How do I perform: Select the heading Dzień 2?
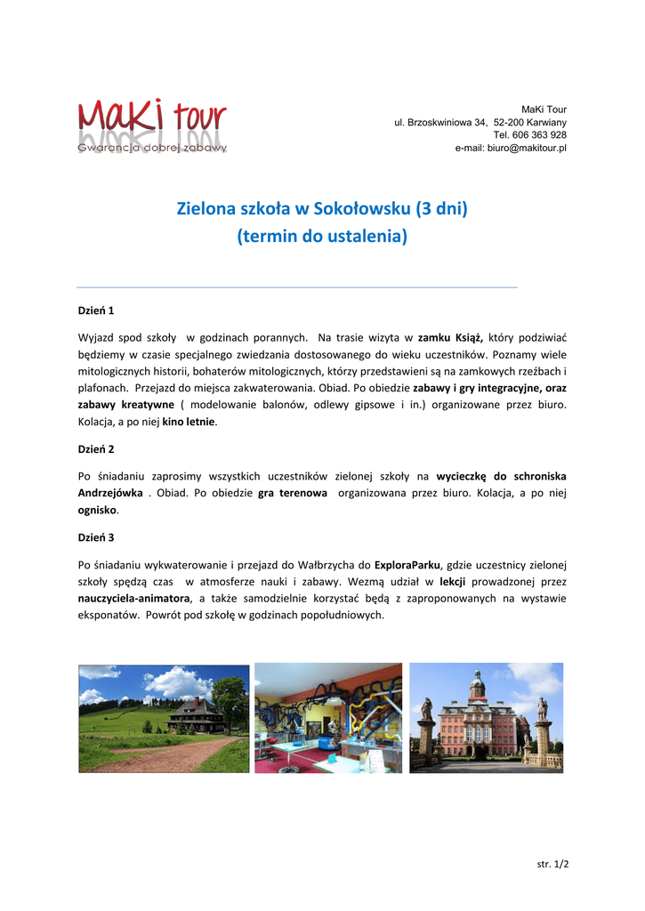click(96, 449)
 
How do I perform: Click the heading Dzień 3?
click(96, 537)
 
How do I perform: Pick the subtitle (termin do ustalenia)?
click(322, 237)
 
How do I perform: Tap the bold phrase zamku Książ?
click(450, 338)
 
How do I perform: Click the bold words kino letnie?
click(188, 422)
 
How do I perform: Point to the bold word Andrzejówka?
click(110, 493)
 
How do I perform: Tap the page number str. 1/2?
click(552, 864)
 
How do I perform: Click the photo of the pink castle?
click(486, 717)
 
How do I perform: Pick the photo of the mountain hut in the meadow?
click(164, 718)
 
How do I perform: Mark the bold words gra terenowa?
click(293, 493)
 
